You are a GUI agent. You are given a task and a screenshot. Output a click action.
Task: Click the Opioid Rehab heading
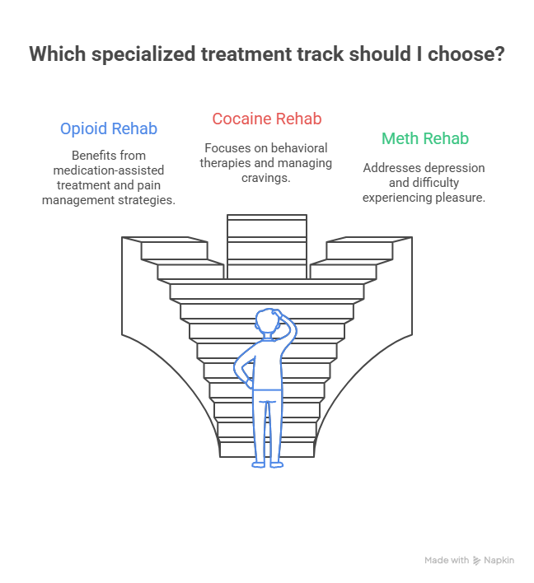pyautogui.click(x=108, y=129)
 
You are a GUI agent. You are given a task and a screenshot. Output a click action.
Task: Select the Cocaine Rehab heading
pyautogui.click(x=266, y=119)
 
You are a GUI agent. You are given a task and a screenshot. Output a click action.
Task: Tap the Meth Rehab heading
pyautogui.click(x=424, y=138)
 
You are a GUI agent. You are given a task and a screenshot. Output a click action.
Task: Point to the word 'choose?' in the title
pyautogui.click(x=464, y=55)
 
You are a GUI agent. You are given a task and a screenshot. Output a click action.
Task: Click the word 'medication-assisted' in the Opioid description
pyautogui.click(x=108, y=170)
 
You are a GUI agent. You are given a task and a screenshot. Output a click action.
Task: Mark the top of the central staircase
pyautogui.click(x=266, y=220)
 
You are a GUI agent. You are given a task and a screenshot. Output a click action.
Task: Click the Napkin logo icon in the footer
pyautogui.click(x=477, y=561)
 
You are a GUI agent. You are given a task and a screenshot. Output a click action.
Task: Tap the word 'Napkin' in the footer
pyautogui.click(x=499, y=561)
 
